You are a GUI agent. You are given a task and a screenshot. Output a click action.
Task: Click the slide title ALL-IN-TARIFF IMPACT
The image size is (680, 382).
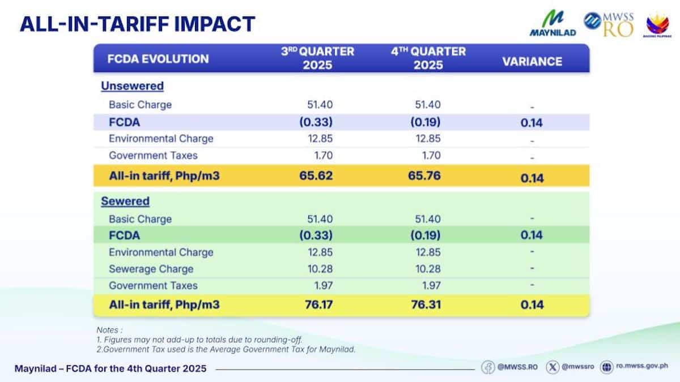[x=137, y=24]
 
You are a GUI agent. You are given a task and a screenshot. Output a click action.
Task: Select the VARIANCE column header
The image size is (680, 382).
[x=532, y=62]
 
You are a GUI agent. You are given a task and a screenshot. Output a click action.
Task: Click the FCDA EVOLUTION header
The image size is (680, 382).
[x=158, y=58]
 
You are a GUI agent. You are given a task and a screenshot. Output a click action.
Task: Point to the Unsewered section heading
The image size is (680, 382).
[x=132, y=86]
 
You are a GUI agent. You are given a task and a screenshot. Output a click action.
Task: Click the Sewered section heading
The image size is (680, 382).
[x=125, y=201]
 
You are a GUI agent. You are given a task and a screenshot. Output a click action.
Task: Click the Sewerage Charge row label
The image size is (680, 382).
[x=151, y=269]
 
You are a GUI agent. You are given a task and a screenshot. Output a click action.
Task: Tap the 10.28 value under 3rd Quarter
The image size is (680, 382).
[x=318, y=269]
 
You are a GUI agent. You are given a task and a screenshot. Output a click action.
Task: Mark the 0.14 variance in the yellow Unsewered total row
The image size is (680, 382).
[x=532, y=178]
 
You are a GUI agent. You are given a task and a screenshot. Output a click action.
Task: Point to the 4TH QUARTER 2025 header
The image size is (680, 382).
[x=428, y=58]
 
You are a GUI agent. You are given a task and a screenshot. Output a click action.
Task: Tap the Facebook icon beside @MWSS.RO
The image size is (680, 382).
[x=488, y=367]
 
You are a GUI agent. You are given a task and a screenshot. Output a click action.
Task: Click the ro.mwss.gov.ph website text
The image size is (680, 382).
[x=641, y=367]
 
